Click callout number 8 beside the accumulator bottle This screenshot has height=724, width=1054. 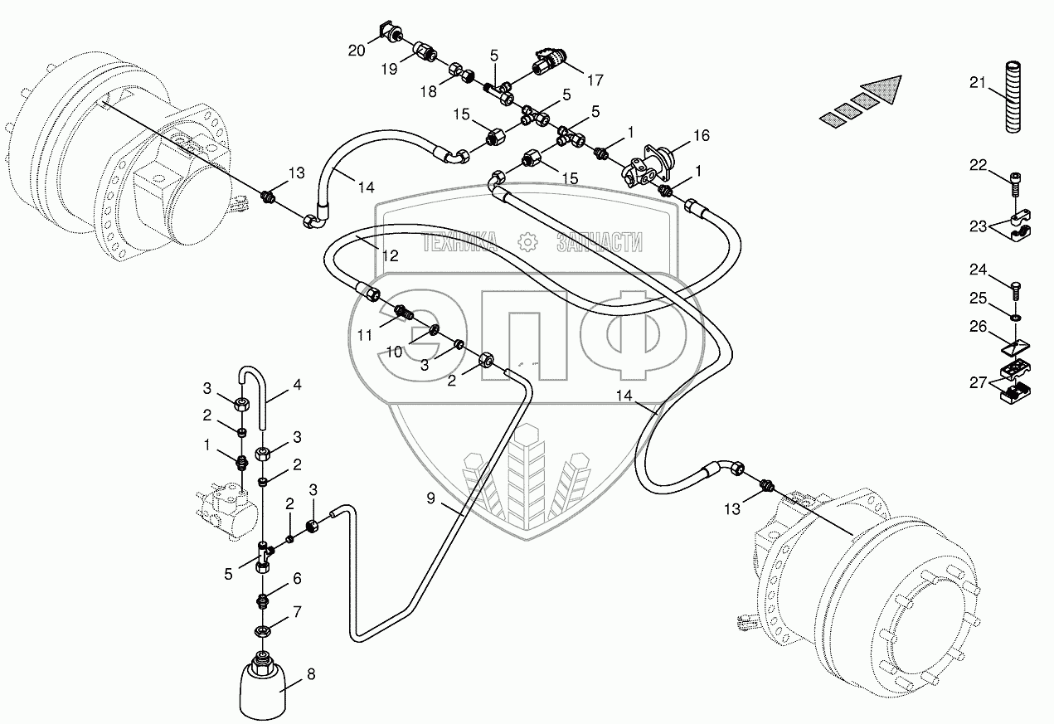[311, 674]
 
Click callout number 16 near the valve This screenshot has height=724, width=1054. [702, 134]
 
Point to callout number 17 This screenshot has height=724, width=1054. [595, 81]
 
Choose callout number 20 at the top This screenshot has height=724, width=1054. [357, 51]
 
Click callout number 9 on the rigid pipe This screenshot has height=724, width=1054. [431, 498]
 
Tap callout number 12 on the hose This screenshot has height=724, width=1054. [391, 256]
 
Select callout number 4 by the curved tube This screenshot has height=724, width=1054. [296, 385]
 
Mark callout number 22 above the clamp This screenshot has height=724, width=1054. [978, 166]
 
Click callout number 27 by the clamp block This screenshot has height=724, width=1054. [978, 382]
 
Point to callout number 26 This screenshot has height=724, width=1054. [978, 327]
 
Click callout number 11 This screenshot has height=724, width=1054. [366, 334]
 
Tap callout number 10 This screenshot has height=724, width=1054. [395, 352]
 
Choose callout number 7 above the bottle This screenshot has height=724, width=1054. [296, 611]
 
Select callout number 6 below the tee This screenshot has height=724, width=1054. [296, 579]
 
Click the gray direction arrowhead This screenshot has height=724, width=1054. [884, 88]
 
